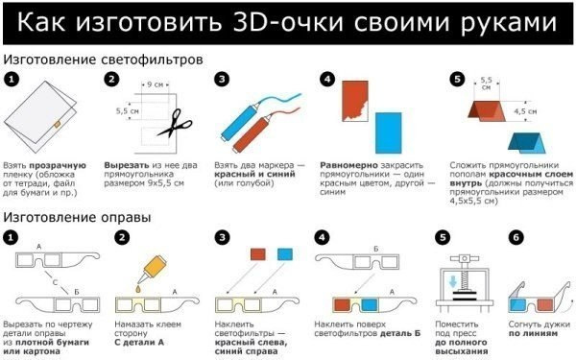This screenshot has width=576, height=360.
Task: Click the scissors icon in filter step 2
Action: click(x=175, y=124)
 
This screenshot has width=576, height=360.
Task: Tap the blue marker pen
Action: click(x=240, y=122)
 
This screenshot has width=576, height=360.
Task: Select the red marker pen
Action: click(x=252, y=133)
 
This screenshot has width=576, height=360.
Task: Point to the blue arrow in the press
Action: click(x=453, y=282)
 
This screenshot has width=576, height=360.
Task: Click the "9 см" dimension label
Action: click(x=155, y=84)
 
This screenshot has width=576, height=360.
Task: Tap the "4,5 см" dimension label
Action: click(x=525, y=111)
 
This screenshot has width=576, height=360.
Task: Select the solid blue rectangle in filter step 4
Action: click(x=388, y=133)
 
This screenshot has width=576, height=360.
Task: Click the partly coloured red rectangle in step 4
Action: click(x=355, y=101)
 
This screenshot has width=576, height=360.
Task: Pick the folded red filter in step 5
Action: click(x=488, y=111)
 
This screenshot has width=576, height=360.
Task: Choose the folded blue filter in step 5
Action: click(x=527, y=143)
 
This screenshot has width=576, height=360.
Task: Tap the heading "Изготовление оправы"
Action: click(x=77, y=218)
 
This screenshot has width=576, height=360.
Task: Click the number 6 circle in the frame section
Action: click(x=516, y=238)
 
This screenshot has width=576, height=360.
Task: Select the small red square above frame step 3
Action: click(x=258, y=254)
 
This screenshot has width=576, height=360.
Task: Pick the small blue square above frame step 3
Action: click(x=285, y=254)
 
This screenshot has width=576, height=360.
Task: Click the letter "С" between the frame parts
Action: click(x=55, y=282)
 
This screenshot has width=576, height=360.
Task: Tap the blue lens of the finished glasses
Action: click(x=517, y=304)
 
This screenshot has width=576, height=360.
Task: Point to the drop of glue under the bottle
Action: click(x=137, y=289)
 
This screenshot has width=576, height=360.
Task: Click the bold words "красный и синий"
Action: click(x=254, y=174)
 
